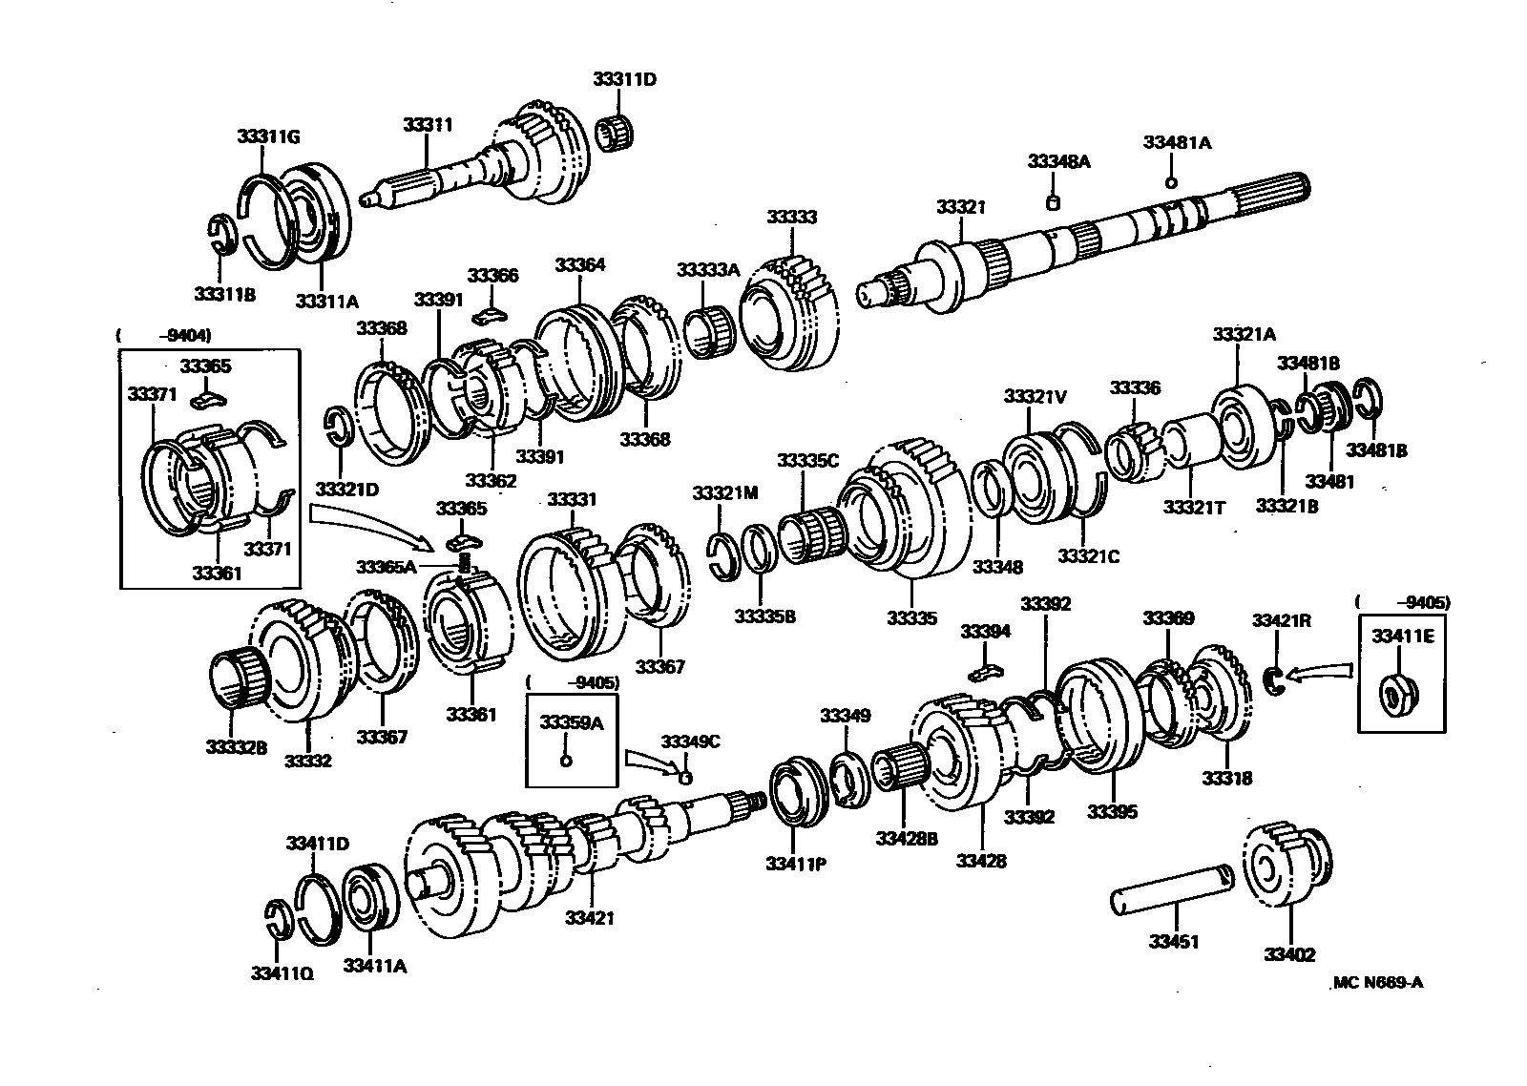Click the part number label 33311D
624,79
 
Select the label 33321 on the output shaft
960,207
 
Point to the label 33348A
1058,161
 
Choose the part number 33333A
708,270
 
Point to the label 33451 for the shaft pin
1173,942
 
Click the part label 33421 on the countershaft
589,918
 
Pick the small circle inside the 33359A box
565,761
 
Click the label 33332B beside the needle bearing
236,747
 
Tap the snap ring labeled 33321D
340,426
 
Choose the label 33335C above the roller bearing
806,461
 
